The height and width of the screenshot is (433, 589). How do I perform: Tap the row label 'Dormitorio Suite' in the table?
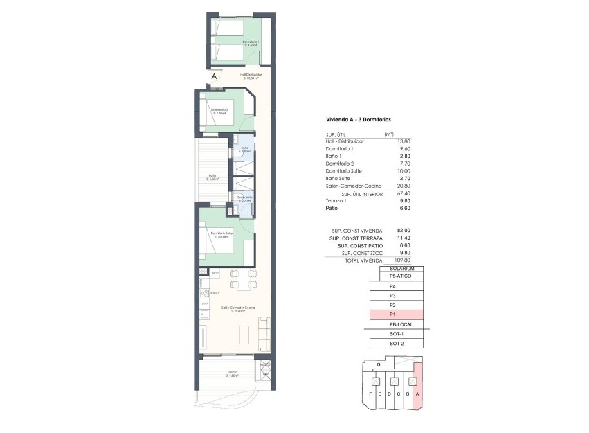[343, 170]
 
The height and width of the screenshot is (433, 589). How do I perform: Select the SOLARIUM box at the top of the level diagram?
[401, 268]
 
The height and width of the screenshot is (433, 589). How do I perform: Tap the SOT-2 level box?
[396, 344]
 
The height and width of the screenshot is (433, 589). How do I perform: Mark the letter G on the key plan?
[378, 364]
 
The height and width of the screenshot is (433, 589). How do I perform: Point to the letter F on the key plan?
[372, 394]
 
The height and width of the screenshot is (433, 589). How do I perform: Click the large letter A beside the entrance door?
[215, 77]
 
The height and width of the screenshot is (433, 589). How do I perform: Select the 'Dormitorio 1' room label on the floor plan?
[251, 42]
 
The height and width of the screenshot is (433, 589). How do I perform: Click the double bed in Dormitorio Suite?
[215, 242]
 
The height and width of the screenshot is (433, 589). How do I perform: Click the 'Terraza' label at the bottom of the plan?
[231, 373]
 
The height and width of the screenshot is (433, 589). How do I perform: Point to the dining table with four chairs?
[239, 278]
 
